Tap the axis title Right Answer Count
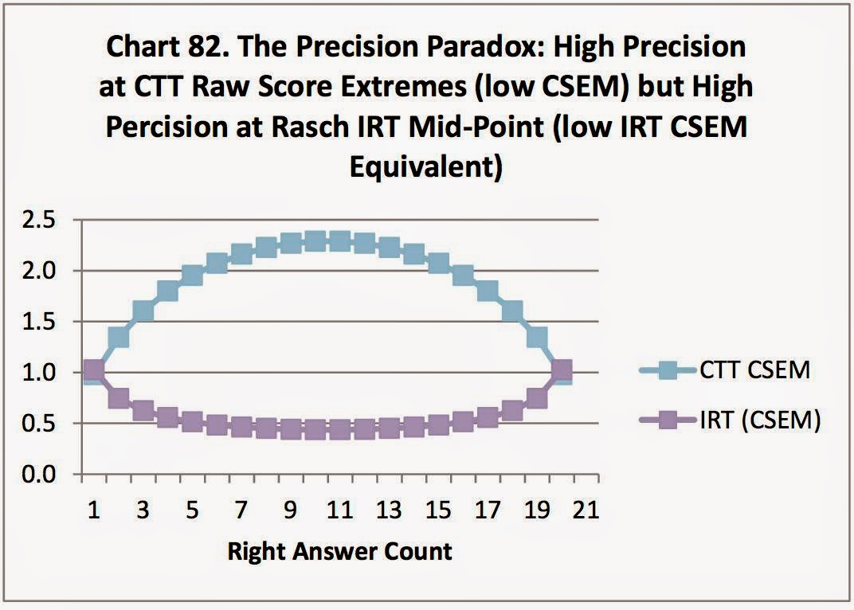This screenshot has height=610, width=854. [x=340, y=551]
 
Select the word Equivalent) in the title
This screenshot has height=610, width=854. [x=426, y=168]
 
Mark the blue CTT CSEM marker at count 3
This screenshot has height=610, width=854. [x=143, y=311]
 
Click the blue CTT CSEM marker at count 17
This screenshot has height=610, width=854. [x=488, y=291]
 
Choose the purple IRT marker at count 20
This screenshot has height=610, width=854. [x=561, y=370]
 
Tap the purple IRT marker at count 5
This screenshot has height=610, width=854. [x=192, y=421]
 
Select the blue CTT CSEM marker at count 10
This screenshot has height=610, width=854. [x=315, y=240]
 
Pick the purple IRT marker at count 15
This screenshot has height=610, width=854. [x=438, y=424]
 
